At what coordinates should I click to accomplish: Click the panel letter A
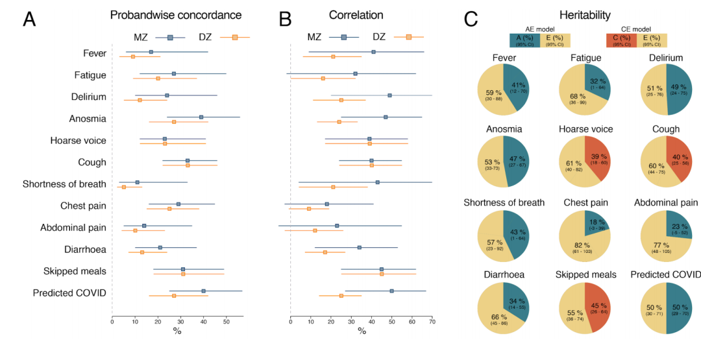point(29,19)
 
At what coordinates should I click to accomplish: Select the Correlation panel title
point(356,15)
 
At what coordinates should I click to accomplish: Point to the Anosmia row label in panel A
point(88,119)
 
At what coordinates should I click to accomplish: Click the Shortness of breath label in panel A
point(64,184)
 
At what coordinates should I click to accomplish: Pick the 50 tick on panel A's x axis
point(227,321)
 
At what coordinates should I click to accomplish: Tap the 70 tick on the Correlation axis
point(432,321)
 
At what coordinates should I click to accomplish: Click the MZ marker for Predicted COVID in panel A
point(204,291)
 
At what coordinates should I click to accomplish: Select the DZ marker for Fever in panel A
point(133,56)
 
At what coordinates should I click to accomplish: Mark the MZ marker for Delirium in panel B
point(389,95)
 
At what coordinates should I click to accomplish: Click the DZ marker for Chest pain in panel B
point(309,209)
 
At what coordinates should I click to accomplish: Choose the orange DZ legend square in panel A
point(235,38)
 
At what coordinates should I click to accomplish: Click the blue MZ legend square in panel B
point(344,38)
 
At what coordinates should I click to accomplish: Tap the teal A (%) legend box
point(525,40)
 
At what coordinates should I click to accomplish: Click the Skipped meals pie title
point(585,275)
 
